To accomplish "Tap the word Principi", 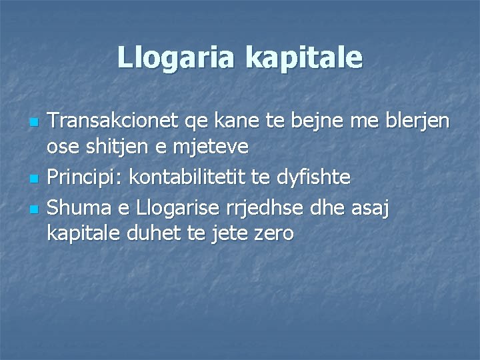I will click(x=85, y=178).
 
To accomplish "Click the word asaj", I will click(x=369, y=209).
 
